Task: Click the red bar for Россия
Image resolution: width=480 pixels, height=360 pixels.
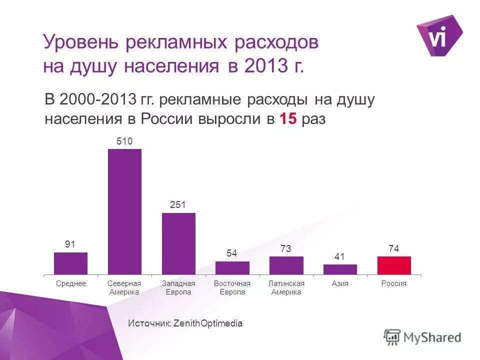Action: click(x=394, y=265)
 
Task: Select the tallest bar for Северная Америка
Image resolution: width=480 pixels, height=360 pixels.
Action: click(x=124, y=211)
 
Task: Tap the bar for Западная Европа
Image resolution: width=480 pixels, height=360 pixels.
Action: click(x=178, y=243)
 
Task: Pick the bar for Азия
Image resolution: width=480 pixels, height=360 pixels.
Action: click(x=340, y=269)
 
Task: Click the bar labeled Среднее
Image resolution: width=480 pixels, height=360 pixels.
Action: click(x=70, y=263)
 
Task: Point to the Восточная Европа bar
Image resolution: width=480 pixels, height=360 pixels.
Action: click(x=232, y=268)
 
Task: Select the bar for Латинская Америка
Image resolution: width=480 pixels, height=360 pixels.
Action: click(x=286, y=265)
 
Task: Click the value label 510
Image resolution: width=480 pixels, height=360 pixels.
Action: click(x=124, y=141)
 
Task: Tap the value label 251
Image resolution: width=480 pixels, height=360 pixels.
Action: click(x=178, y=205)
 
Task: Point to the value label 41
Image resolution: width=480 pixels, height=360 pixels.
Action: click(x=340, y=257)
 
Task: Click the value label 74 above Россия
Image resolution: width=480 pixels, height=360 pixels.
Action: click(x=394, y=248)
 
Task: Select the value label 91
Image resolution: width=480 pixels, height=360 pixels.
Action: click(x=70, y=244)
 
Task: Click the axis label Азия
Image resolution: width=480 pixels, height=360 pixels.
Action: click(x=340, y=283)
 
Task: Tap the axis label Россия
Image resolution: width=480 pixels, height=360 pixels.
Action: click(x=394, y=283)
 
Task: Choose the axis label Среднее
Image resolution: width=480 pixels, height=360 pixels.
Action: click(x=70, y=283)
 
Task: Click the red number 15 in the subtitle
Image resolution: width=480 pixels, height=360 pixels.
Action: click(x=288, y=119)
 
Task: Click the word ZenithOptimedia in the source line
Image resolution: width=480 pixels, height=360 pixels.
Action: click(x=207, y=323)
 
